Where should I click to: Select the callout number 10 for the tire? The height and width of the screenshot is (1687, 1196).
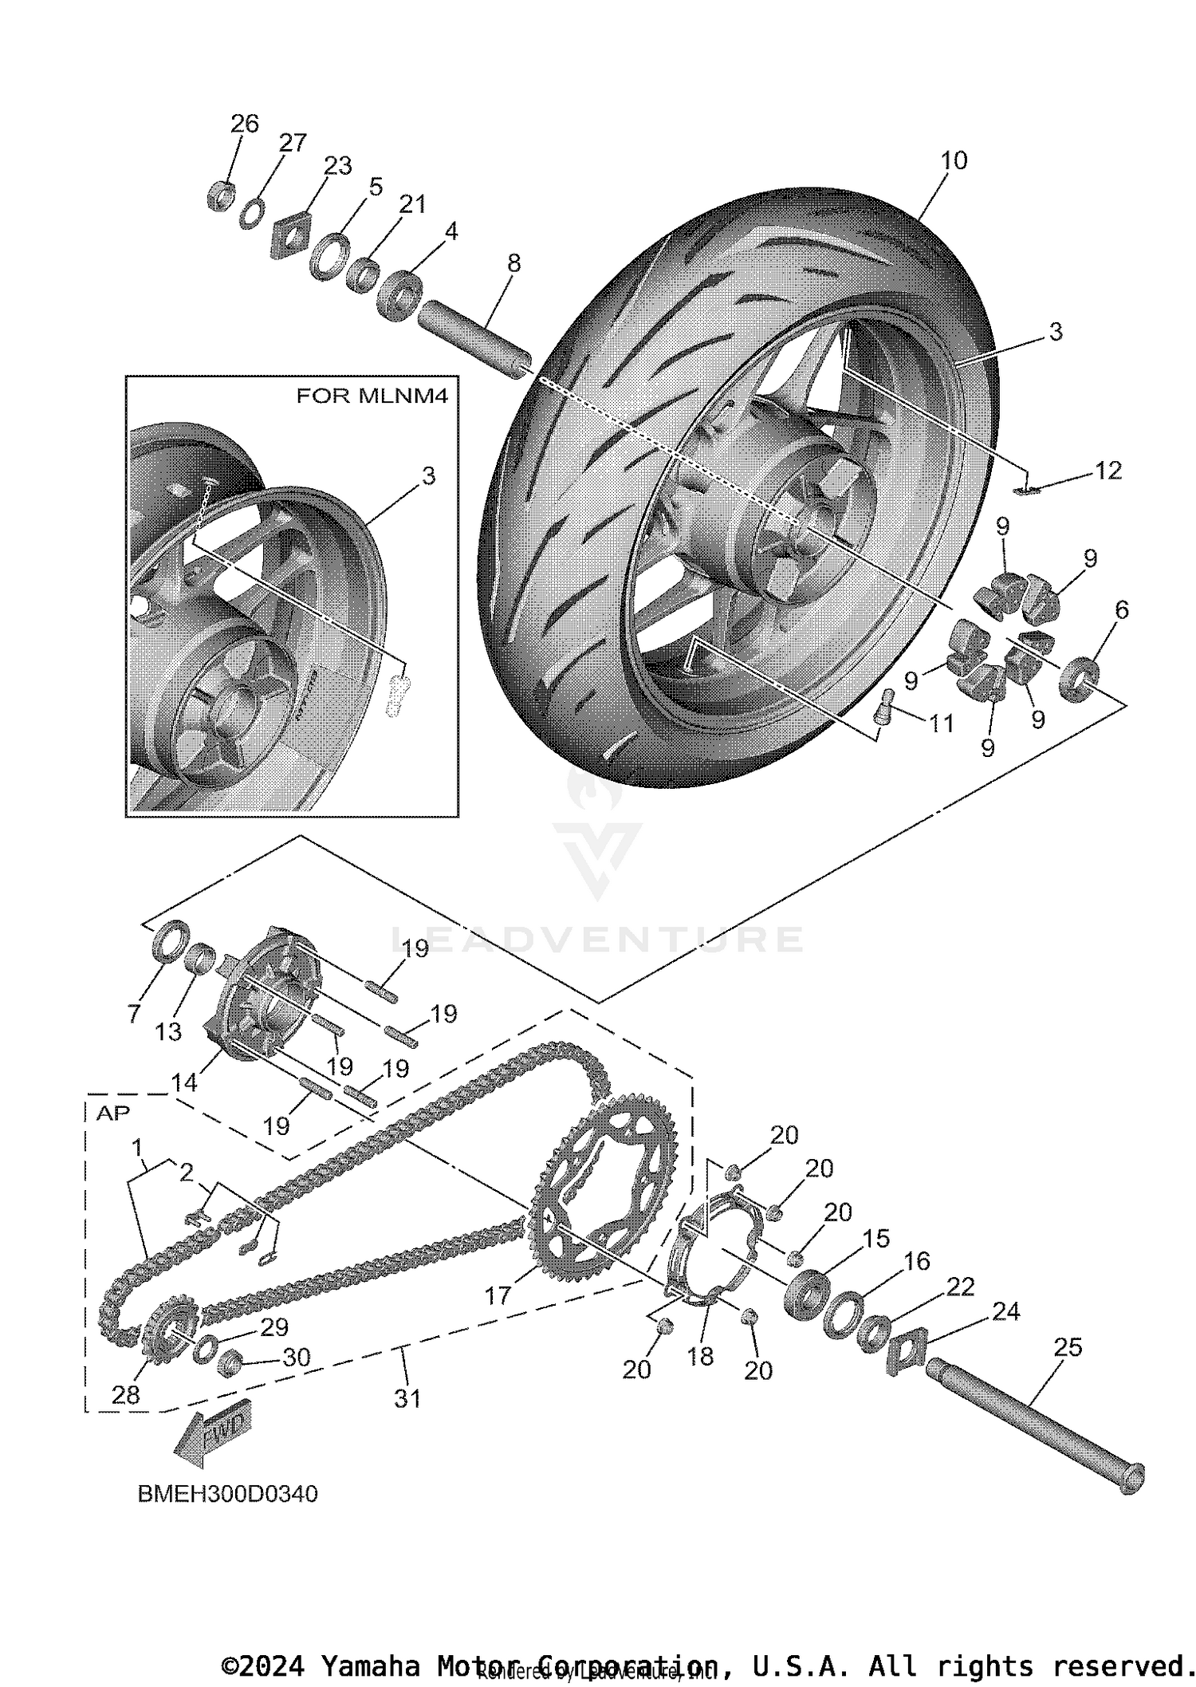953,160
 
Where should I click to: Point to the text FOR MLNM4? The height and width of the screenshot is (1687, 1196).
372,396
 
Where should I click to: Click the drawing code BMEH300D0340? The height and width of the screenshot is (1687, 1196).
228,1493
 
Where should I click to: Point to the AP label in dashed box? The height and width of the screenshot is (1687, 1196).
112,1113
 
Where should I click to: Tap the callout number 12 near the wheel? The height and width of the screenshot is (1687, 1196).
1108,471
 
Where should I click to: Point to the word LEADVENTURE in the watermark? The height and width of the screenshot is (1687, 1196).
598,939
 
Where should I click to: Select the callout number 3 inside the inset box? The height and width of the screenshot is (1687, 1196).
428,476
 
